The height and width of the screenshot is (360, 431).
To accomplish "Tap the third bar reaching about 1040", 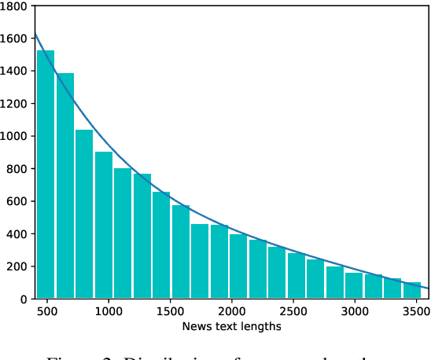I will point(84,214).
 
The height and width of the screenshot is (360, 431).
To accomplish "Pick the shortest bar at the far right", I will point(412,290).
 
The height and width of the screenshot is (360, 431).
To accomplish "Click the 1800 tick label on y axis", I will point(14,6).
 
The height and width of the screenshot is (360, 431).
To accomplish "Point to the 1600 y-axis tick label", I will point(14,38).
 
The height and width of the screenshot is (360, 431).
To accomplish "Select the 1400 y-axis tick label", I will point(14,71).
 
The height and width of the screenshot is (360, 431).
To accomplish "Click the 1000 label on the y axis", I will point(14,136).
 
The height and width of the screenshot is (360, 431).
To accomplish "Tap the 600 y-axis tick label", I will point(17,201).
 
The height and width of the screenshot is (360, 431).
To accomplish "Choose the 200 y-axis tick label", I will point(17,266).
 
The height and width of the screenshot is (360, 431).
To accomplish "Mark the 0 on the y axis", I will point(24,299).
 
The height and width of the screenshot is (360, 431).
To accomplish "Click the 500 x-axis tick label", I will point(47,311).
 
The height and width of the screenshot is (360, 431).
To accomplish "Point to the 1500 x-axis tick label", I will point(170,311).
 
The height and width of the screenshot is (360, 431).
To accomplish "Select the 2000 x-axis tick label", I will point(231,311).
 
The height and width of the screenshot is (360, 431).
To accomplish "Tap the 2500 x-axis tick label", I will point(293,311).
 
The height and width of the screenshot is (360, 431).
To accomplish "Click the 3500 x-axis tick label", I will point(415,311).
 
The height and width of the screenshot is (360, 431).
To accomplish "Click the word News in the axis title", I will point(194,325).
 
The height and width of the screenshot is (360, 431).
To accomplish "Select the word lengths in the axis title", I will point(260,325).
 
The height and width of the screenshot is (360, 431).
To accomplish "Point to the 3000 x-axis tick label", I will point(354,311).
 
